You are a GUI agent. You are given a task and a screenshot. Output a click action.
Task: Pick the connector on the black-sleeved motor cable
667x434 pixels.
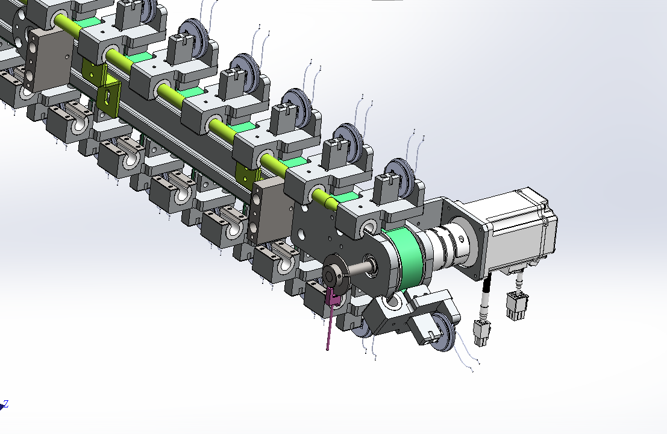click(x=482, y=333)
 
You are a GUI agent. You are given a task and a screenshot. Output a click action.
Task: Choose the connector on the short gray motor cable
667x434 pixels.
click(x=517, y=306)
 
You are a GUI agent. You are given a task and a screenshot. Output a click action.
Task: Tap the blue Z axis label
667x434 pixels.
click(x=6, y=403)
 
